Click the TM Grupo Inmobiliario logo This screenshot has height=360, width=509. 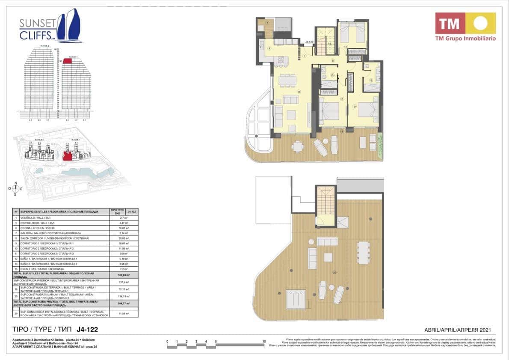tap(465, 26)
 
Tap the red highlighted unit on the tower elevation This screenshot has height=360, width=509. tap(68, 61)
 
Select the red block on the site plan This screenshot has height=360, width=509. tap(67, 155)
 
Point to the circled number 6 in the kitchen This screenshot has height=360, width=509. tap(269, 48)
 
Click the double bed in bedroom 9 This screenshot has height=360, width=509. tap(367, 110)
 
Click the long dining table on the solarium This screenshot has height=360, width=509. tap(364, 252)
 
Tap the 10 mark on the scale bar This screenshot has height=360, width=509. tap(263, 342)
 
